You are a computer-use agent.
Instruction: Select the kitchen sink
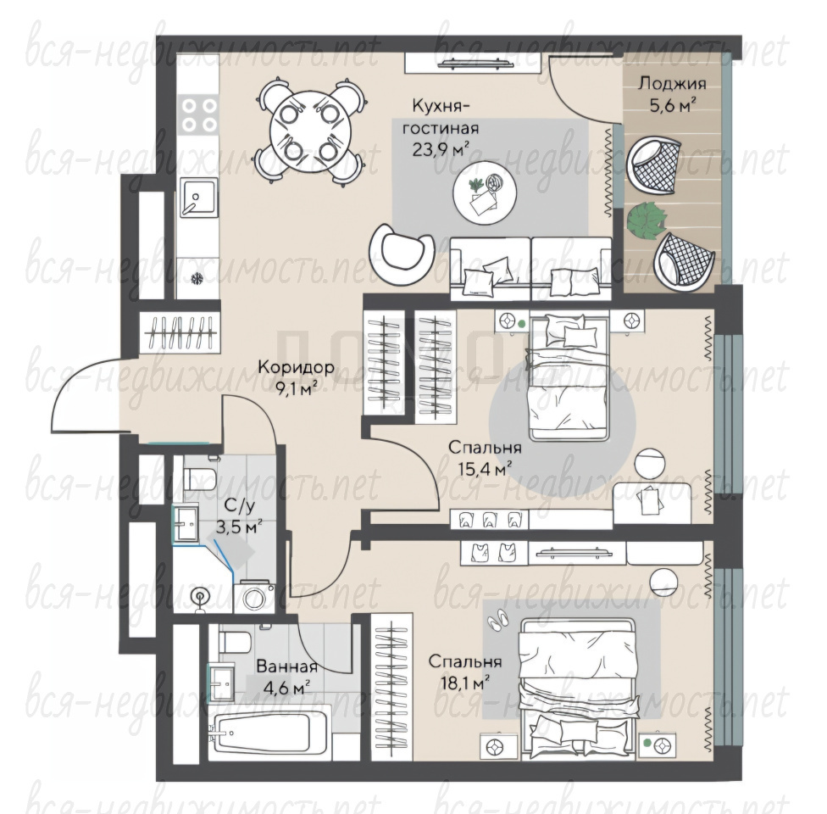pos(198,197)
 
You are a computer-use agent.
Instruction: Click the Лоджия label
pos(672,83)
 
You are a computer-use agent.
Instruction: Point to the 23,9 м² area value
pos(441,150)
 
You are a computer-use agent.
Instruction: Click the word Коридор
pos(296,366)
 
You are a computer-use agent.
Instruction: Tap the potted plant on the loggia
pos(647,220)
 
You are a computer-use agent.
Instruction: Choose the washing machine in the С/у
pos(254,598)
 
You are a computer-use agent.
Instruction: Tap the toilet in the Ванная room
pos(234,641)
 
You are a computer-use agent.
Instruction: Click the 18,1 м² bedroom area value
pos(464,683)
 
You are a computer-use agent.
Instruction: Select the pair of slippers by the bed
pos(497,618)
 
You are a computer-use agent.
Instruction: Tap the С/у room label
pos(239,505)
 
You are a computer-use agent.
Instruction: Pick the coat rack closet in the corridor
pos(180,332)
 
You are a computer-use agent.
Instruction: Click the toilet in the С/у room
pos(199,478)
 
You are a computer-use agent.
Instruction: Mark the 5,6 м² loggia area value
pos(672,106)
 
